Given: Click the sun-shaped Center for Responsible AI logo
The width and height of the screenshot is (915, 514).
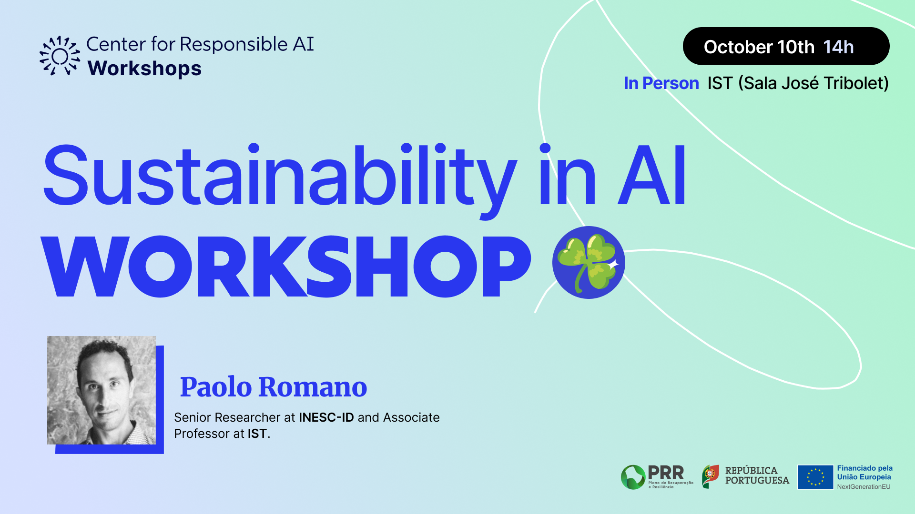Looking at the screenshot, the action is pyautogui.click(x=60, y=56).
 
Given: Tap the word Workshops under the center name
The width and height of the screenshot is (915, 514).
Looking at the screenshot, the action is pyautogui.click(x=145, y=69).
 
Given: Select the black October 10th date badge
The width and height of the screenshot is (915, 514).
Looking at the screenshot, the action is pyautogui.click(x=786, y=46).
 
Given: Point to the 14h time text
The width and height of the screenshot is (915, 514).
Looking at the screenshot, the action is pyautogui.click(x=838, y=47).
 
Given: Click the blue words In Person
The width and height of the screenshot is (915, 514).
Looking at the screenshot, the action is pyautogui.click(x=661, y=83).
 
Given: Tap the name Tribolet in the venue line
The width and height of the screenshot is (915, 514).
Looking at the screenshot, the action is pyautogui.click(x=856, y=83).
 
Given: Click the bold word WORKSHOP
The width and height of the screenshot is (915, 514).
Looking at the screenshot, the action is pyautogui.click(x=286, y=267).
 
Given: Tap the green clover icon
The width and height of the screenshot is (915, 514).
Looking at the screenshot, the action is pyautogui.click(x=589, y=262).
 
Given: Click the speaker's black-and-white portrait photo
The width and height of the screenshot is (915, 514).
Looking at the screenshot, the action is pyautogui.click(x=102, y=390).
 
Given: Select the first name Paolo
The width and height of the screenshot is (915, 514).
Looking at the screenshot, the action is pyautogui.click(x=216, y=386).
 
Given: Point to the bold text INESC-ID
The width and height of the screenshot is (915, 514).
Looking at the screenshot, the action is pyautogui.click(x=326, y=417).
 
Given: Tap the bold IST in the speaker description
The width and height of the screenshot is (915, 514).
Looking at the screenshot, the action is pyautogui.click(x=257, y=434).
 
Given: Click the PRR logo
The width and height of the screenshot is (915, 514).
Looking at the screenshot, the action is pyautogui.click(x=657, y=477).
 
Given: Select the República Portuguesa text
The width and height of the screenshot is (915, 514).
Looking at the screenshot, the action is pyautogui.click(x=757, y=475).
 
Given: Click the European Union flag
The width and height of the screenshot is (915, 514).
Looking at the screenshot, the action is pyautogui.click(x=815, y=477).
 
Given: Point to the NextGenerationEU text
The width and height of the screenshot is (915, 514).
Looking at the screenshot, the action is pyautogui.click(x=864, y=487).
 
